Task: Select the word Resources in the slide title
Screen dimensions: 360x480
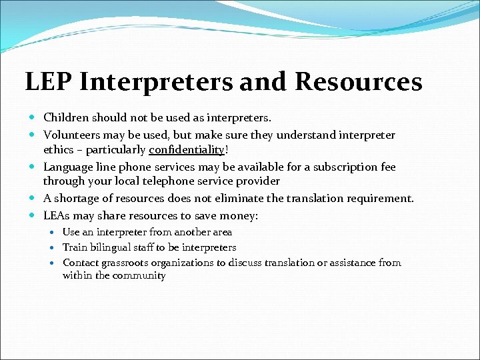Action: [x=358, y=82]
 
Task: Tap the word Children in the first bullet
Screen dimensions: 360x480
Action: [x=65, y=118]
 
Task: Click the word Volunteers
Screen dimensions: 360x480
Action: [x=70, y=135]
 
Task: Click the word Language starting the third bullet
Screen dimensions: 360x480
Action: [x=68, y=167]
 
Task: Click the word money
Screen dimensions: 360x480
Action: [x=239, y=215]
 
